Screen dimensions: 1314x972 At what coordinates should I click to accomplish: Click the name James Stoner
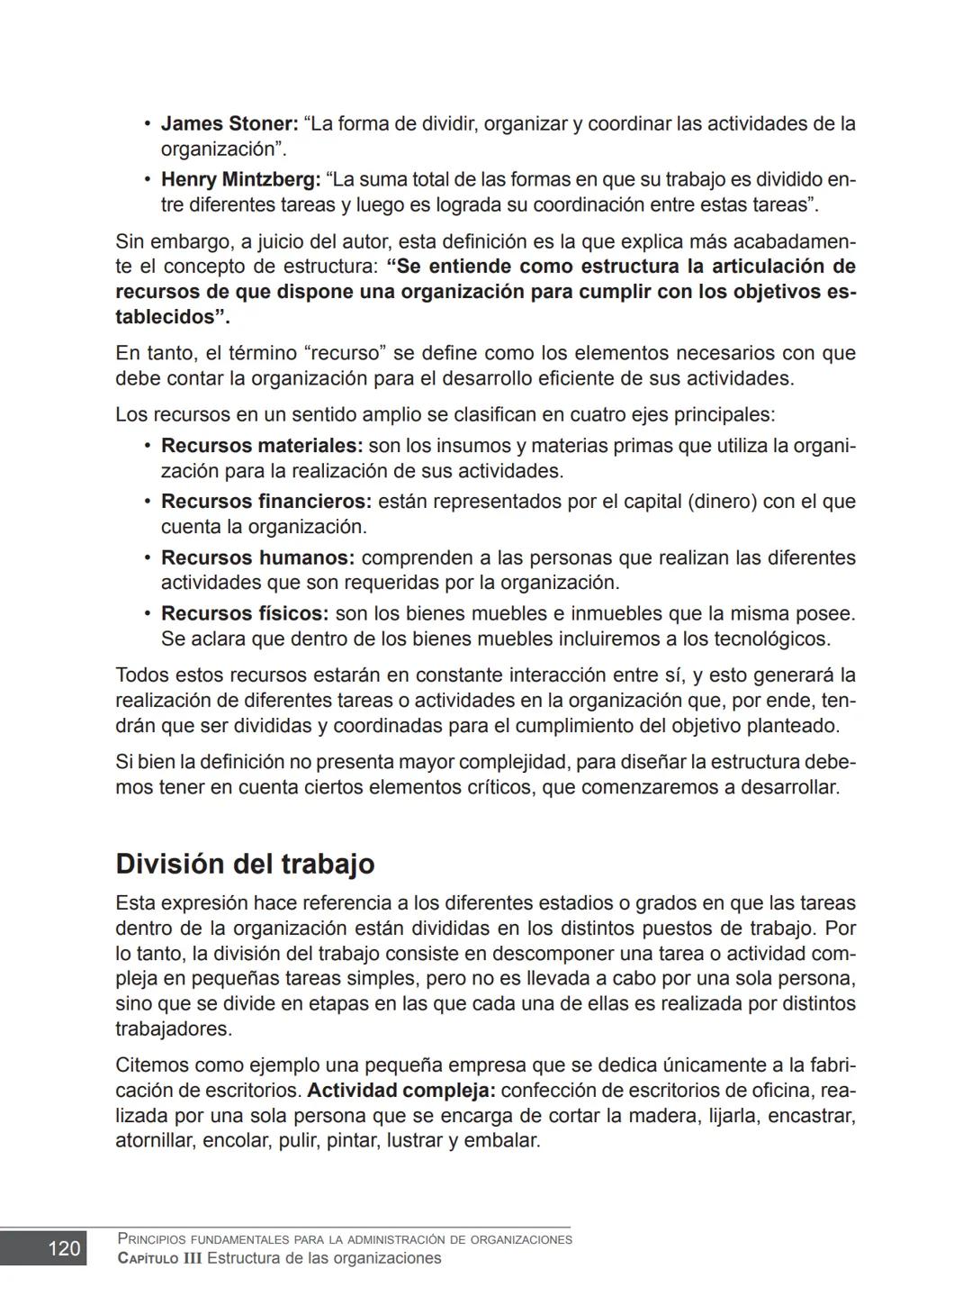click(x=229, y=123)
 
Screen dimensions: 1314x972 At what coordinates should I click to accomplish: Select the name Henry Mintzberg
click(x=240, y=179)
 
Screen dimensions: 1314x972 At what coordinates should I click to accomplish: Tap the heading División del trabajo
click(x=245, y=864)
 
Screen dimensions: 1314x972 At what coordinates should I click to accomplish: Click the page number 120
click(x=64, y=1248)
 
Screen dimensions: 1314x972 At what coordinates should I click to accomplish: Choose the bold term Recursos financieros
click(x=265, y=502)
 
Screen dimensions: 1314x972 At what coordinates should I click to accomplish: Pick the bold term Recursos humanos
click(x=257, y=557)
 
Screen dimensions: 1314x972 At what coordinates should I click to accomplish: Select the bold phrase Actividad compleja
click(x=400, y=1091)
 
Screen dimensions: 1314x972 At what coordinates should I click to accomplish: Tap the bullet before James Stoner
click(x=147, y=123)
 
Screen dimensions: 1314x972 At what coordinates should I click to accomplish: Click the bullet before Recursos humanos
click(x=147, y=557)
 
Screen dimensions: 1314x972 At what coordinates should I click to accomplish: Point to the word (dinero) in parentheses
click(x=722, y=502)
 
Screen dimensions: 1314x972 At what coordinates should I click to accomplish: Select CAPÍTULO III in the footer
click(x=159, y=1258)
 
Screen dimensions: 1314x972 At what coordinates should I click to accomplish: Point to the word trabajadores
click(x=173, y=1029)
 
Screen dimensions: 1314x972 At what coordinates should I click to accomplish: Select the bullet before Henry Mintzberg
click(x=147, y=179)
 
